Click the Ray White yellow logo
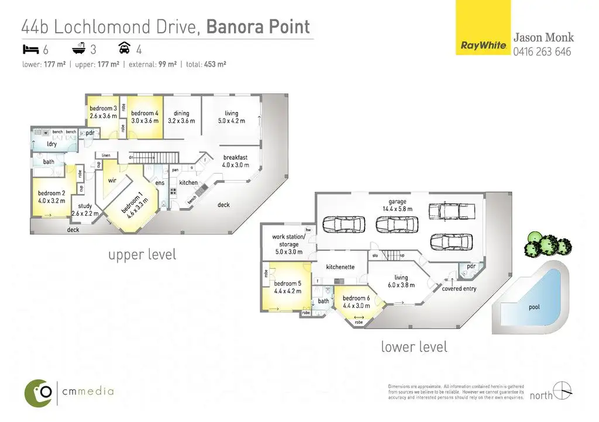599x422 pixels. pos(483,27)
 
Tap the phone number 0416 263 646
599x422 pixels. pos(542,51)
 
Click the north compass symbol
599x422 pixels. pos(563,390)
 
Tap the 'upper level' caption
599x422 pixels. pos(142,255)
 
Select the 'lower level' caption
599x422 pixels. pos(414,347)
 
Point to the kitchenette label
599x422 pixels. pos(340,267)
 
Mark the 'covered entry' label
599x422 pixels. pos(459,289)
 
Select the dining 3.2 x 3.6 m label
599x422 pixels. pos(181,117)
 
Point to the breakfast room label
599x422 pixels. pos(235,161)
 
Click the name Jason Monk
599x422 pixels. pos(543,38)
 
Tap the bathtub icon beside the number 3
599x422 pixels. pos(77,49)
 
